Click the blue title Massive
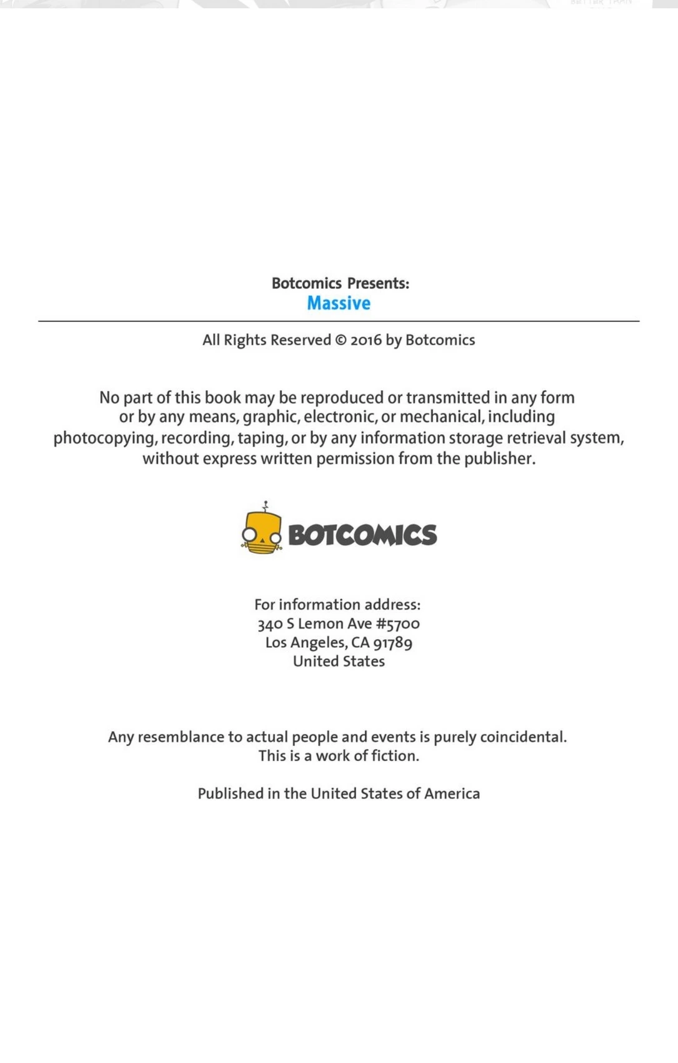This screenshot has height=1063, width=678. [338, 303]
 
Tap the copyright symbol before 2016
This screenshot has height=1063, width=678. [341, 340]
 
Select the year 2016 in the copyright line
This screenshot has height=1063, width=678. [366, 340]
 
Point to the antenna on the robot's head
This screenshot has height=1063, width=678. [266, 506]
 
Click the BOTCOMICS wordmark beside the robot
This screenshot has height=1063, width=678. [362, 535]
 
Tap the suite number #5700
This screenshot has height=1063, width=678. [397, 623]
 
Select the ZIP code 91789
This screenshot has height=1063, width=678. [392, 643]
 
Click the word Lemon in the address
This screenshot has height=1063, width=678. [319, 623]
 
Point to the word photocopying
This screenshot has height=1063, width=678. [104, 438]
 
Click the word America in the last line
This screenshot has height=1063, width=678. [452, 793]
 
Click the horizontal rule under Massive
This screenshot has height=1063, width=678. [339, 321]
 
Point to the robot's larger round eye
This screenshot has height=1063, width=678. [249, 534]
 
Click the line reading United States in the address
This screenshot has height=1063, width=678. [339, 662]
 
